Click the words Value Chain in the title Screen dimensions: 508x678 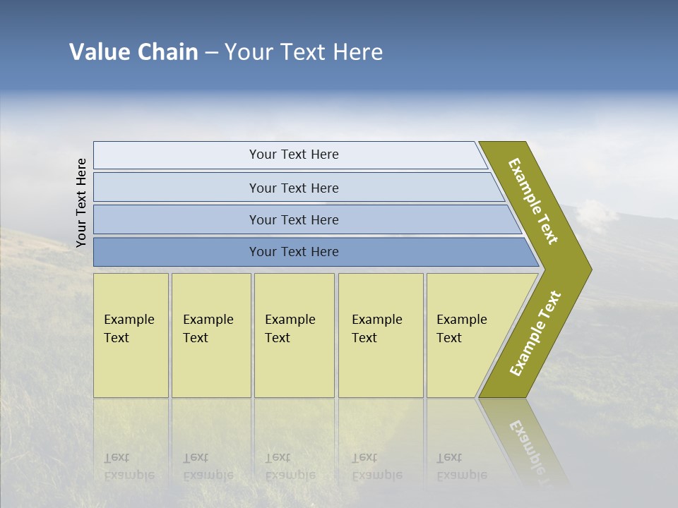point(133,52)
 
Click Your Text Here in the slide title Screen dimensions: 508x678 point(304,52)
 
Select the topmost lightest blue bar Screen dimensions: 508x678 point(290,155)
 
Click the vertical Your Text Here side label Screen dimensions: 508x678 point(81,202)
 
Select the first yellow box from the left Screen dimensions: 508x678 point(131,335)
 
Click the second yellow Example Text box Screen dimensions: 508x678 point(211,335)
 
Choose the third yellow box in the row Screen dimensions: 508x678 point(294,335)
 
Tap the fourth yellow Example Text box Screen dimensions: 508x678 point(381,335)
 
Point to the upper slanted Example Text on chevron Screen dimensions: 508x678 point(533,201)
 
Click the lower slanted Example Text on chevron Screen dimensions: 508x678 point(535,333)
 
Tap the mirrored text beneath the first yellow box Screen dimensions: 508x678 point(129,466)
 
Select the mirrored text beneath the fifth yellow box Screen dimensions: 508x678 point(462,466)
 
